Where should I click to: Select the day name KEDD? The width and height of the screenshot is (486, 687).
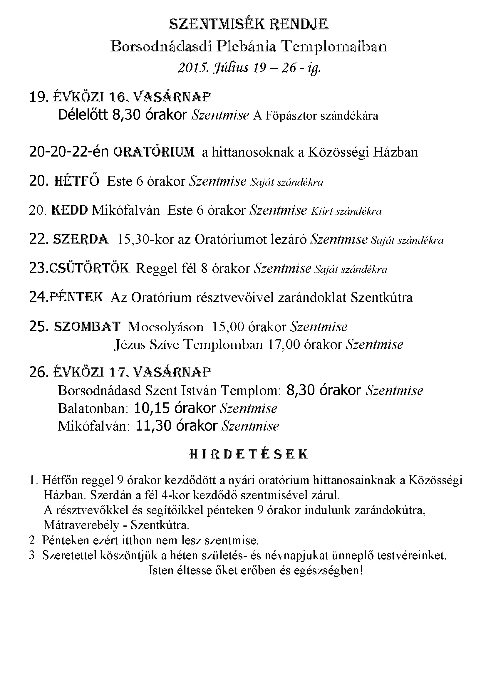point(70,210)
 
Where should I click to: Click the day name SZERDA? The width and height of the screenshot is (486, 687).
point(81,239)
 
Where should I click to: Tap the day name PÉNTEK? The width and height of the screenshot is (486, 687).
point(76,298)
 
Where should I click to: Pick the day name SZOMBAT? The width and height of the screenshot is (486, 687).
point(87,327)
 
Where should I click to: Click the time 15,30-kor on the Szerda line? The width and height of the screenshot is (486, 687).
point(146,240)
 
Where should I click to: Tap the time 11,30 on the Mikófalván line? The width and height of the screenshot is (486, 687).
point(153,426)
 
